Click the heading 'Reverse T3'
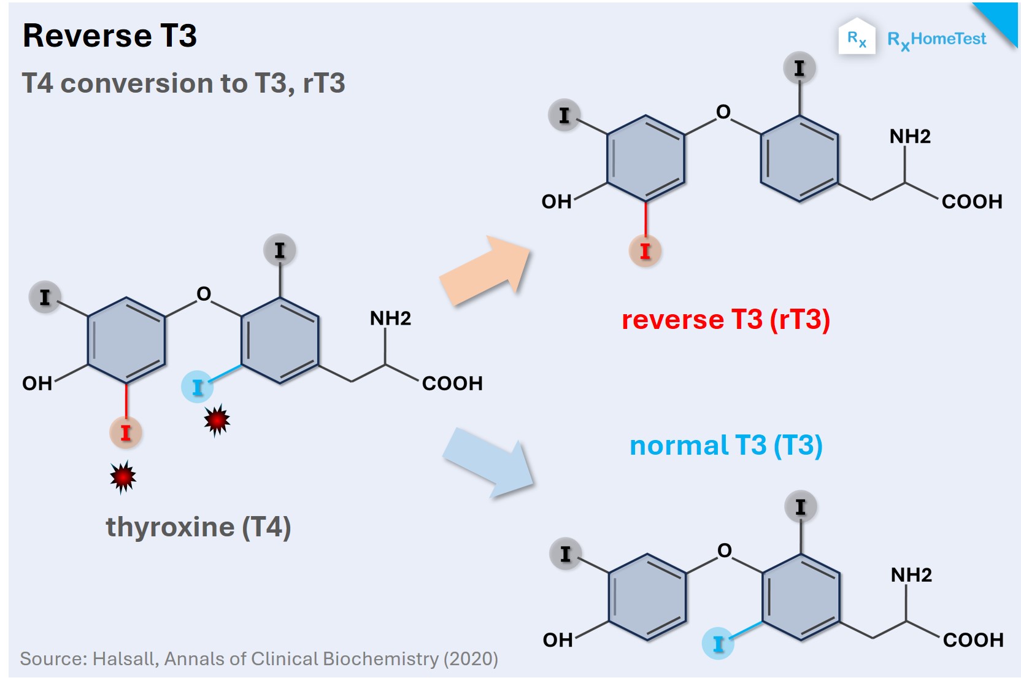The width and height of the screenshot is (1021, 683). pyautogui.click(x=109, y=36)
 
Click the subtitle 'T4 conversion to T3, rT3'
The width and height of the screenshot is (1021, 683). pyautogui.click(x=183, y=83)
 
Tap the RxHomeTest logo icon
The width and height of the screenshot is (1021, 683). pyautogui.click(x=857, y=38)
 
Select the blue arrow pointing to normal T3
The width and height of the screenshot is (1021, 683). pyautogui.click(x=488, y=462)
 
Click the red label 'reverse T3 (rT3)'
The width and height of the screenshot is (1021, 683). pyautogui.click(x=725, y=320)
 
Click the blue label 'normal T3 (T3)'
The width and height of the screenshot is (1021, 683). pyautogui.click(x=726, y=446)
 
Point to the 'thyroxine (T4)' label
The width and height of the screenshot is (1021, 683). pyautogui.click(x=198, y=527)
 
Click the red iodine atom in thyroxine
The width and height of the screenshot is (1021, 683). pyautogui.click(x=126, y=433)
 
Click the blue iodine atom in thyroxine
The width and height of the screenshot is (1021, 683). pyautogui.click(x=197, y=387)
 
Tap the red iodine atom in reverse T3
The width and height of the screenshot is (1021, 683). pyautogui.click(x=645, y=251)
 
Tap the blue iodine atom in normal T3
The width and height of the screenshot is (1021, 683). pyautogui.click(x=718, y=643)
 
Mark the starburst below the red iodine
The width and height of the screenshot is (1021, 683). pyautogui.click(x=123, y=476)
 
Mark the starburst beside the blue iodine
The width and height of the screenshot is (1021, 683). pyautogui.click(x=217, y=420)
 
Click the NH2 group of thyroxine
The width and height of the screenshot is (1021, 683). pyautogui.click(x=390, y=318)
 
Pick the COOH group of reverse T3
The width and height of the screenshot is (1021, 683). pyautogui.click(x=971, y=202)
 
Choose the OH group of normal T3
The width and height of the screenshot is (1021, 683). pyautogui.click(x=558, y=640)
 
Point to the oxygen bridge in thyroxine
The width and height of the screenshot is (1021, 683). pyautogui.click(x=204, y=294)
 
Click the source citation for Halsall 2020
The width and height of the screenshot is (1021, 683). pyautogui.click(x=259, y=659)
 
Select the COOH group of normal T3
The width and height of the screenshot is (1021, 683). pyautogui.click(x=973, y=640)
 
